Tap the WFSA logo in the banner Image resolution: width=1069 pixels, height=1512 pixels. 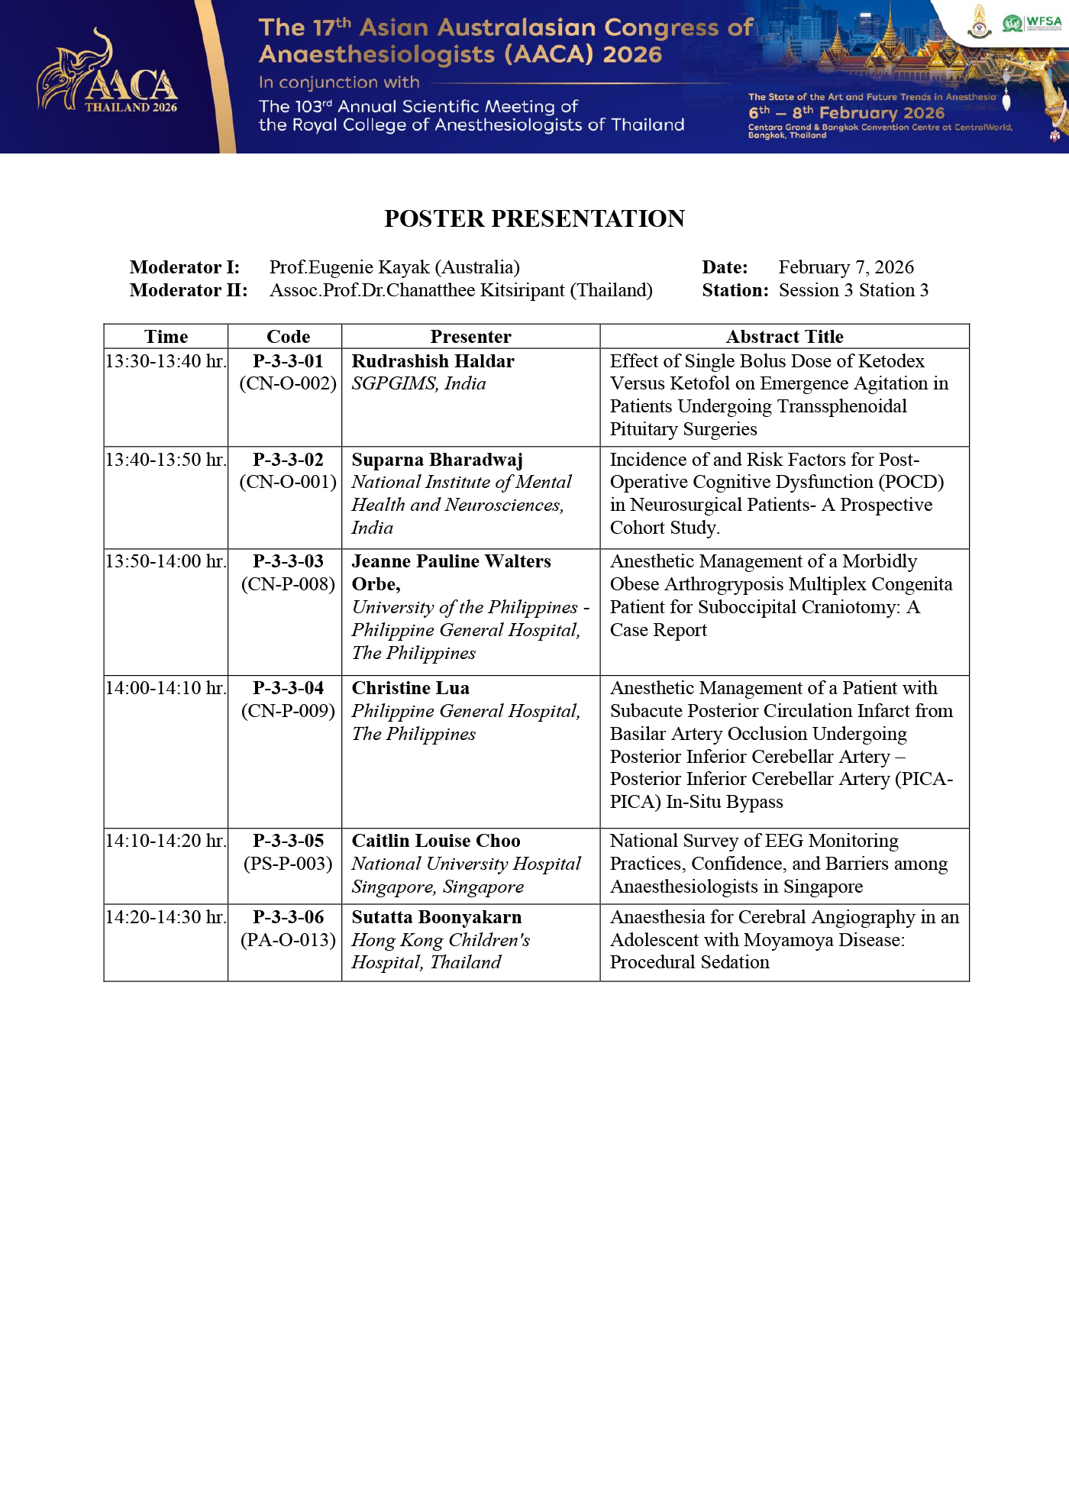click(x=1032, y=23)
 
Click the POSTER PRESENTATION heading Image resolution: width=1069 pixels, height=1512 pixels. click(x=534, y=218)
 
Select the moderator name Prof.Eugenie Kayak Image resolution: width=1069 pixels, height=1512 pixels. click(x=394, y=267)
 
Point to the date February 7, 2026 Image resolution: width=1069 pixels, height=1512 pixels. click(x=846, y=267)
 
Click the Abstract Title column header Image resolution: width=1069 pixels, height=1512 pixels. click(x=784, y=337)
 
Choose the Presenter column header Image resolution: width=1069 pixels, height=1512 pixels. click(x=470, y=337)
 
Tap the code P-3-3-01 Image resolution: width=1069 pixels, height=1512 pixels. click(x=288, y=361)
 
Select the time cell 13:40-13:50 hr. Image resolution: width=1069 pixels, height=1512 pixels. click(x=166, y=460)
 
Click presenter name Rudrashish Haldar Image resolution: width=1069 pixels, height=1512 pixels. click(x=433, y=361)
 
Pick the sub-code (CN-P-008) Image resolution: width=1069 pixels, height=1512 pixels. click(x=288, y=584)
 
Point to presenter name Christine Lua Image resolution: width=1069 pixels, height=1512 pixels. click(x=411, y=688)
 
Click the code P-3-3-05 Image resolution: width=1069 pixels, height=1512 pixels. click(x=288, y=841)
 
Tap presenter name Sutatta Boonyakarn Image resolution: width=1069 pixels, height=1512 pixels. click(x=437, y=917)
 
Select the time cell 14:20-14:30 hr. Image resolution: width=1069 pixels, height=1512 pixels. click(x=166, y=917)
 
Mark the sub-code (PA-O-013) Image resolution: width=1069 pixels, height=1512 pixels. click(x=288, y=940)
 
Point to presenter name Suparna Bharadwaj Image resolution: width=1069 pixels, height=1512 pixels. click(x=438, y=460)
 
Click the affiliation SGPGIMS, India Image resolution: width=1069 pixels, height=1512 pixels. click(x=418, y=383)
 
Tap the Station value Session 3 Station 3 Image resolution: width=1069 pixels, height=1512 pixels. click(x=854, y=290)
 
